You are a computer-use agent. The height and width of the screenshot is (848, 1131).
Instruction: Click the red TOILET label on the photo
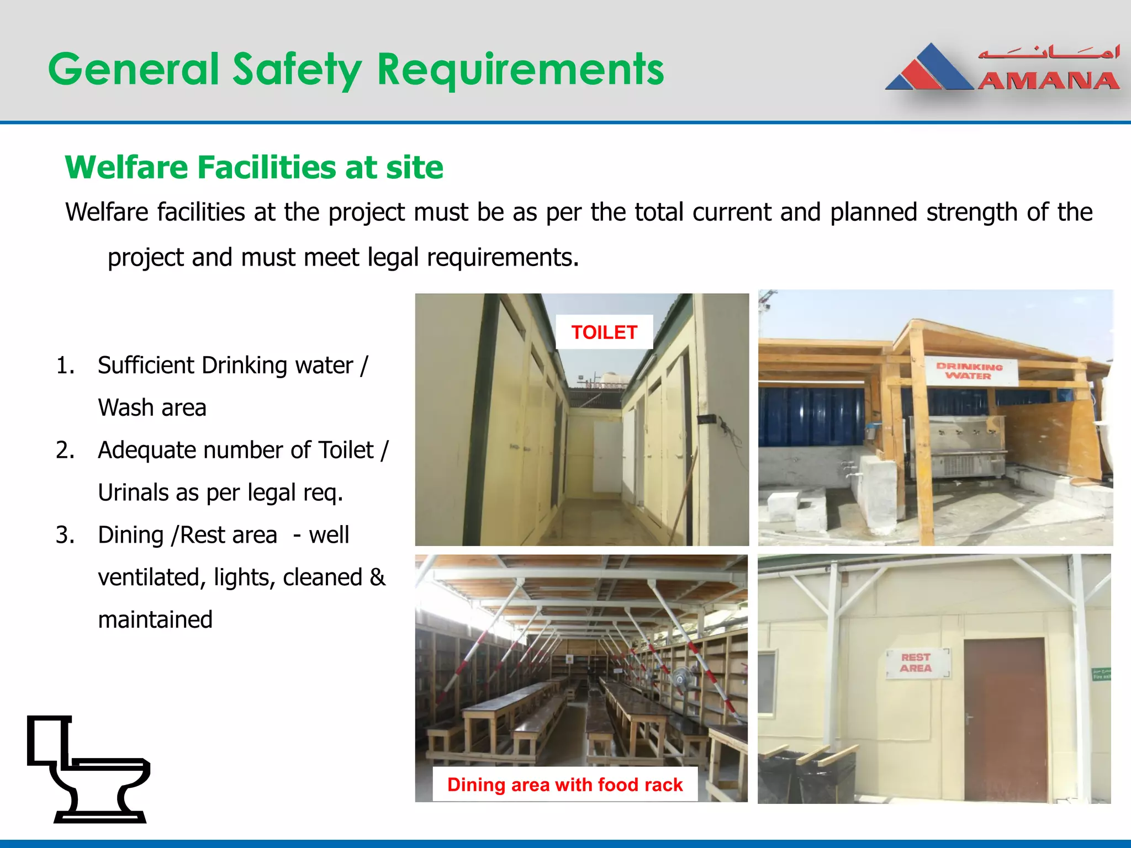(x=604, y=332)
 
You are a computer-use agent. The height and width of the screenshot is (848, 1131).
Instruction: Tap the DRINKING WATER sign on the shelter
(x=969, y=371)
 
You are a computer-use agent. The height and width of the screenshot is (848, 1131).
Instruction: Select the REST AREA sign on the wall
(x=916, y=663)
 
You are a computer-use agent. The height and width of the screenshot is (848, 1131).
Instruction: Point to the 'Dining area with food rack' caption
(x=565, y=785)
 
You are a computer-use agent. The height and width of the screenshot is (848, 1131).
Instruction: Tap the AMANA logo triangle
(x=930, y=68)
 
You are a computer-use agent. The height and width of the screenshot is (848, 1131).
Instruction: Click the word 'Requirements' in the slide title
(x=520, y=70)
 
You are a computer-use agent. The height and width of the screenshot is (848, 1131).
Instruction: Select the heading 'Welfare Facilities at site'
(x=254, y=167)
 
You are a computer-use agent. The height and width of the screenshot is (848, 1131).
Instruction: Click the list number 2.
(x=65, y=450)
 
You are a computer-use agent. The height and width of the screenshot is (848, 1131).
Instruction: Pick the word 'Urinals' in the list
(x=133, y=492)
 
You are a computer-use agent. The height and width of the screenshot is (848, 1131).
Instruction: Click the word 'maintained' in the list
(x=155, y=619)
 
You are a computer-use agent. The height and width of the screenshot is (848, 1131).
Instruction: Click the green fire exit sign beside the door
(x=1101, y=674)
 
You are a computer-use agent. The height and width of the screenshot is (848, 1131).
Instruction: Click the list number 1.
(x=65, y=365)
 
